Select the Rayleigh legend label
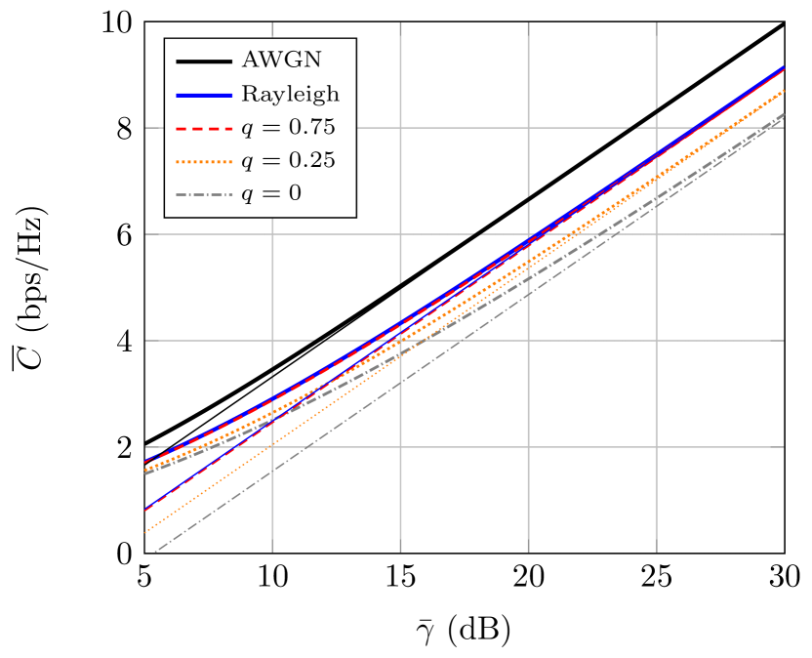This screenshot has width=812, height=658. tap(291, 95)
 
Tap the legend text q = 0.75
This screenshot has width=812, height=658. tap(288, 128)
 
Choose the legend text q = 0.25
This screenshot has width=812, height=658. tap(288, 161)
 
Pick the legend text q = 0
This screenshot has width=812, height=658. tap(271, 194)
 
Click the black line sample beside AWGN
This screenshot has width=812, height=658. tap(204, 62)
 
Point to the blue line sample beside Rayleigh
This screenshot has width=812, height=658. tap(204, 95)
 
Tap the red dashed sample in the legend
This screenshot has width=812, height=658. tap(204, 128)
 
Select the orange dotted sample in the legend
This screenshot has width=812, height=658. tap(204, 161)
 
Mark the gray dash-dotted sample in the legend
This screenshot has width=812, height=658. tap(204, 194)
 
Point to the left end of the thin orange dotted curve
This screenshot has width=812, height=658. tap(146, 532)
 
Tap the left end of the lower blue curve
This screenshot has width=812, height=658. tap(146, 509)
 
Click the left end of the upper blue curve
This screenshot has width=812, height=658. tap(146, 462)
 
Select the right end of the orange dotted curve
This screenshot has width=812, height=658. tap(783, 91)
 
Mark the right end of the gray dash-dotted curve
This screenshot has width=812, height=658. tap(783, 115)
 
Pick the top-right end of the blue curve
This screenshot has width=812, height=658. tap(783, 67)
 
